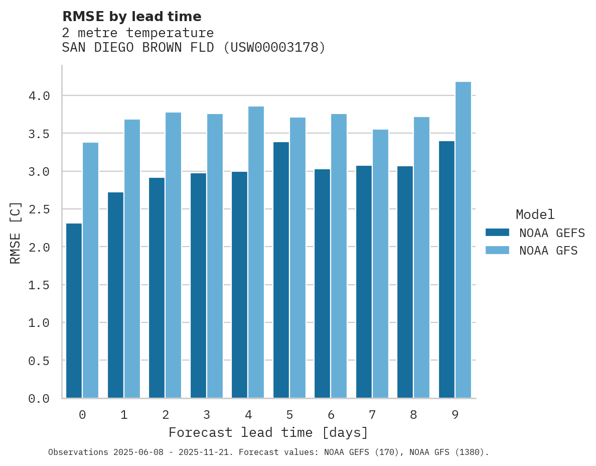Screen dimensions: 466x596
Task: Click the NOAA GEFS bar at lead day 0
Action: [74, 311]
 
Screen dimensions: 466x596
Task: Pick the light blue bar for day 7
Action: [380, 264]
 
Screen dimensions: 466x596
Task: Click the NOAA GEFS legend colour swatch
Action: [497, 232]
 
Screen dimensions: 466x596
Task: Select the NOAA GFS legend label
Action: [548, 251]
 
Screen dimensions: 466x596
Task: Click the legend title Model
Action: [535, 214]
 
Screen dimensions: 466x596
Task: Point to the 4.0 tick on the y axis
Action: [39, 95]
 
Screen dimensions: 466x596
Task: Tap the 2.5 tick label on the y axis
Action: [39, 209]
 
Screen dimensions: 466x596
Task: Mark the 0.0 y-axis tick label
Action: [39, 399]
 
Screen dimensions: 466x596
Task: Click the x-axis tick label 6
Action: [331, 415]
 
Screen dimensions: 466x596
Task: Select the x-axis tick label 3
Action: [207, 415]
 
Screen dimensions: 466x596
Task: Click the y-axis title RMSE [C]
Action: [15, 232]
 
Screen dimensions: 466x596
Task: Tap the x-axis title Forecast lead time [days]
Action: [268, 432]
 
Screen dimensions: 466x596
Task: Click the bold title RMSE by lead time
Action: [131, 17]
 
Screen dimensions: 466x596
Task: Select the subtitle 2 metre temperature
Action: [138, 33]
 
